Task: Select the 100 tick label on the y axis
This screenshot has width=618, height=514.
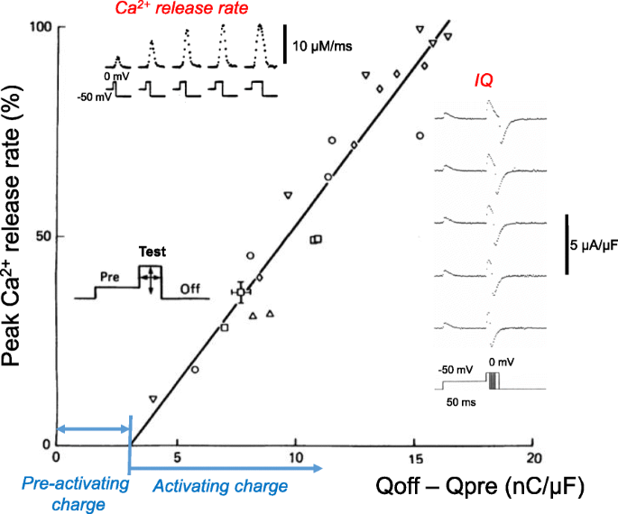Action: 38,28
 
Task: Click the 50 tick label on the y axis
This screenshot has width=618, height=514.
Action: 42,235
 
